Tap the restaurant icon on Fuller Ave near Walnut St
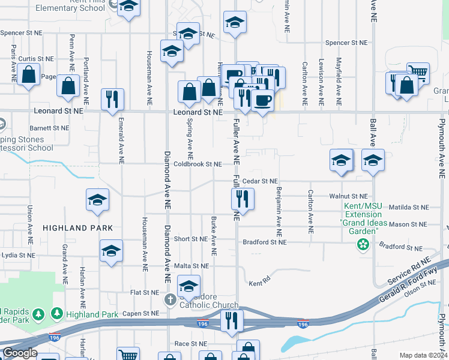(x=243, y=198)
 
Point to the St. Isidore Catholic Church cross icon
(x=170, y=299)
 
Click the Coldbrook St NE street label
(x=197, y=164)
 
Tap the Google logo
(x=20, y=353)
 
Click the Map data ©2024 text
(x=423, y=355)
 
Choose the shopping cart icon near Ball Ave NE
(x=418, y=73)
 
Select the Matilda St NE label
(x=408, y=207)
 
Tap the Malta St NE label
(x=191, y=265)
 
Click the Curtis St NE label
(x=36, y=59)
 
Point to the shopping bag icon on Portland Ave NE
(x=68, y=86)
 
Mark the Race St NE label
(x=190, y=344)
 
